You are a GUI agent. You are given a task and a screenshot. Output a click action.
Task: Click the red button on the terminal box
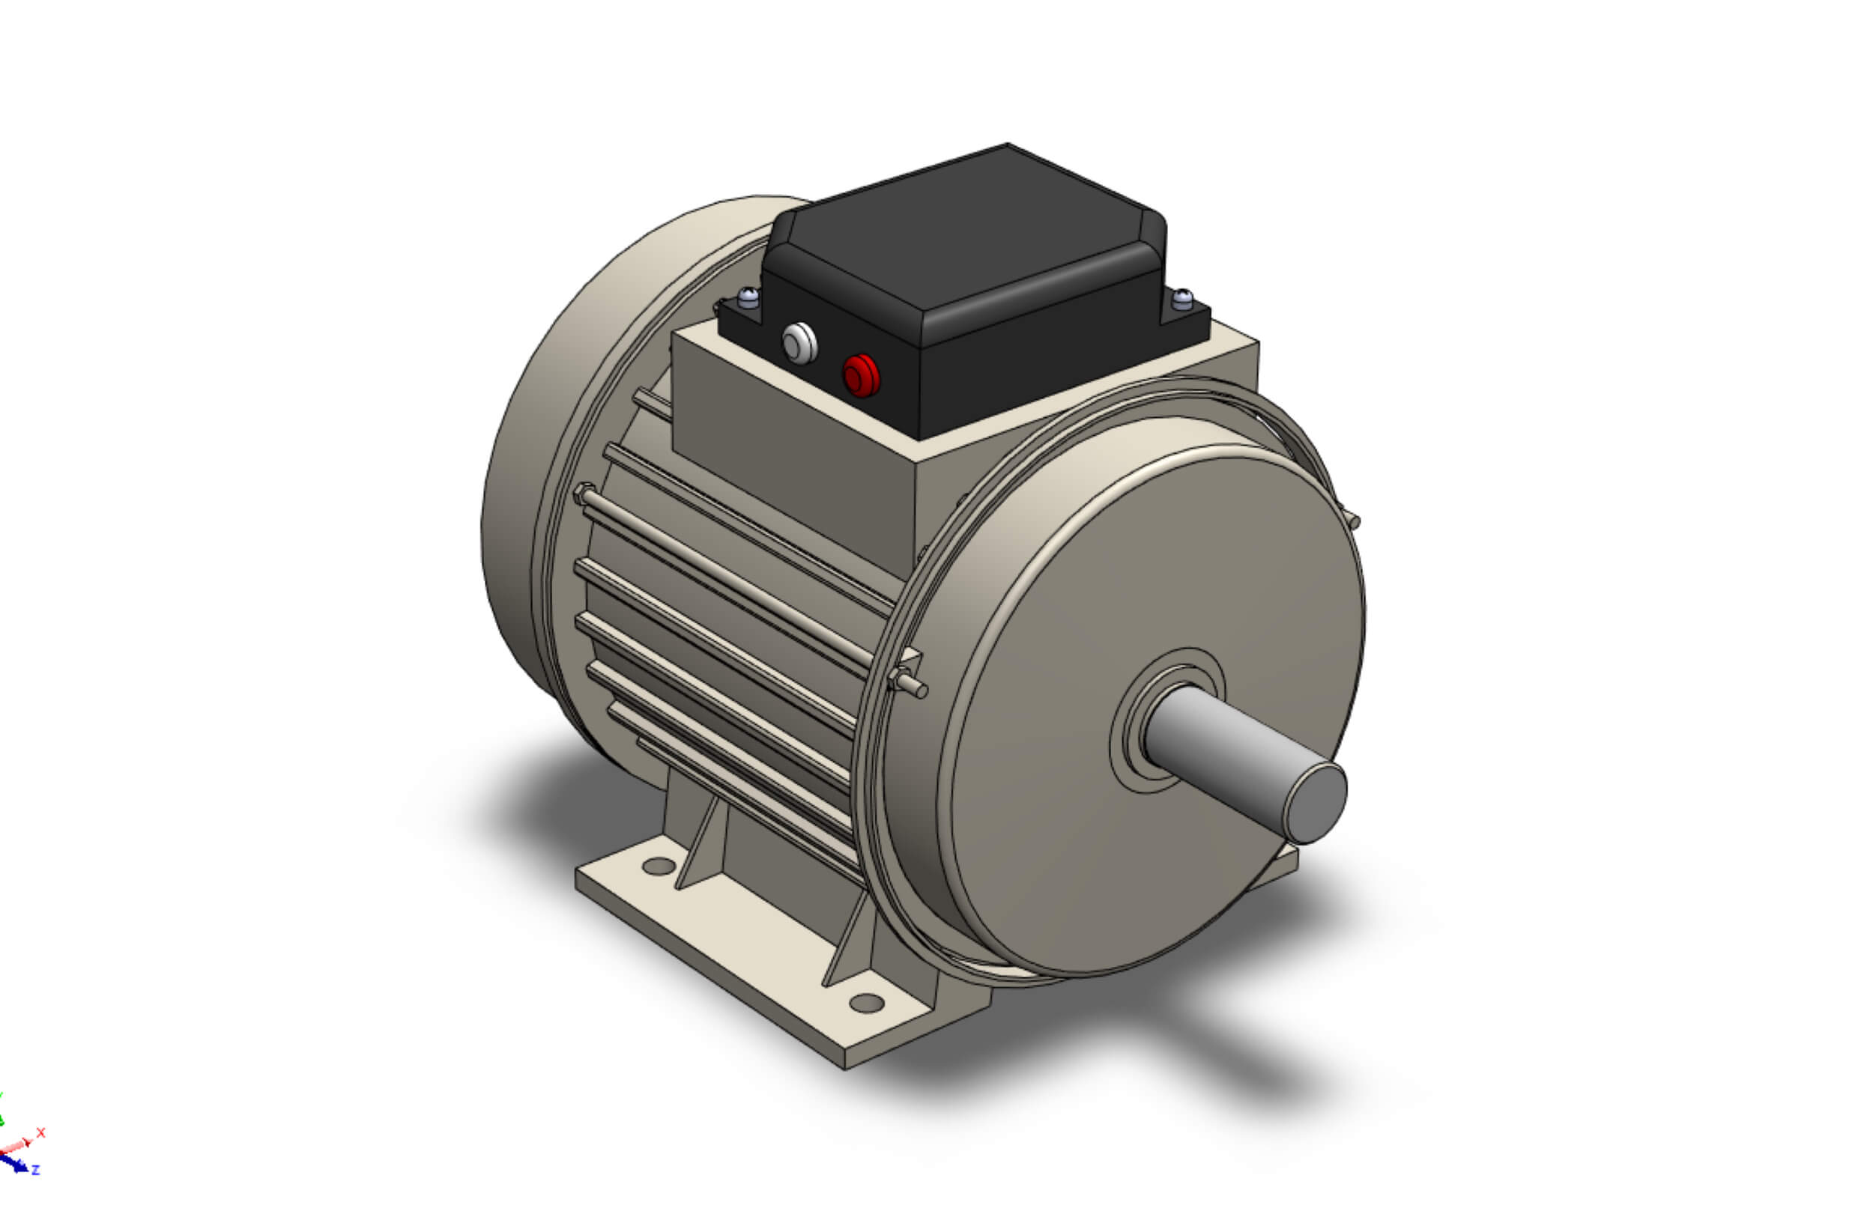[861, 376]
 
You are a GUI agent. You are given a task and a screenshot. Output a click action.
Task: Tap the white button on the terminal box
[799, 344]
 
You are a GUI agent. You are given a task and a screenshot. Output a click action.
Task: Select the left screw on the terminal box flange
[748, 297]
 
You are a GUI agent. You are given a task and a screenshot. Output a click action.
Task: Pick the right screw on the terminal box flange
[1181, 299]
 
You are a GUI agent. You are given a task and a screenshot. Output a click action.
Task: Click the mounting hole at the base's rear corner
[659, 866]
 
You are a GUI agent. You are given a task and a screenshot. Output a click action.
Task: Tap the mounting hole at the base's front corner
[866, 1003]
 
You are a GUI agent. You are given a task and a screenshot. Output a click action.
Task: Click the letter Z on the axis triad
[35, 1171]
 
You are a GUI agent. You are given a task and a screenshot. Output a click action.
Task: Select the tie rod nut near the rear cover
[582, 494]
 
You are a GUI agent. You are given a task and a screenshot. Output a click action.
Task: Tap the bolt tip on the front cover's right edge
[1353, 520]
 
